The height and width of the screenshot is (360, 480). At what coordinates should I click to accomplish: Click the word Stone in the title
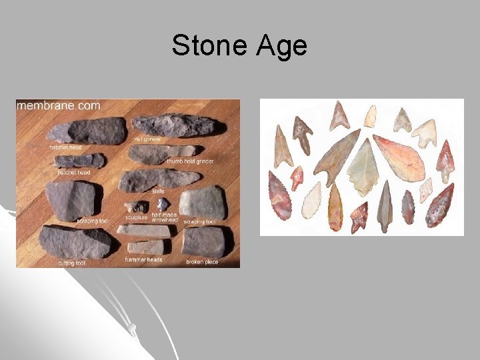207,45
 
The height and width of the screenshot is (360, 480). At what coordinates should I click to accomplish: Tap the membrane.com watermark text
59,105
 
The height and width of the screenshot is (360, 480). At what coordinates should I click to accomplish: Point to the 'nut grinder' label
147,139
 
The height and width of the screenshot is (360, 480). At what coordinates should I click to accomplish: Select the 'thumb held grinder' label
191,161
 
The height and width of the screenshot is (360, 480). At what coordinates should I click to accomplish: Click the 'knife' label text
158,191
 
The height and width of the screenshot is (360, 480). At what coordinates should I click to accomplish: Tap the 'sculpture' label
136,217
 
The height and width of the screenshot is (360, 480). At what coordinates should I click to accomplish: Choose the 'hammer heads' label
145,259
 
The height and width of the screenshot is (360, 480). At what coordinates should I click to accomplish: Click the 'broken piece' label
202,262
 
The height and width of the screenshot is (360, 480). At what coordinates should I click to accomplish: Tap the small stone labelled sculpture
139,206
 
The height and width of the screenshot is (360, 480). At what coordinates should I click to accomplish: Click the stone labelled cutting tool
76,241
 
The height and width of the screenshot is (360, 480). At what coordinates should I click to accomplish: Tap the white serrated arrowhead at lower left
311,199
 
